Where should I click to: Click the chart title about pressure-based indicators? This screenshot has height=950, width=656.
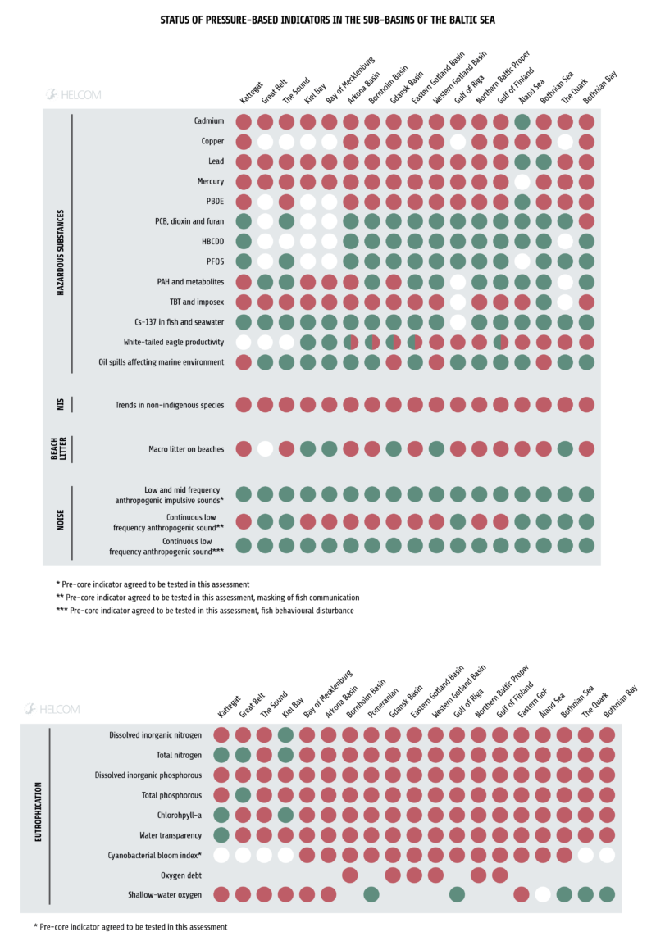click(327, 17)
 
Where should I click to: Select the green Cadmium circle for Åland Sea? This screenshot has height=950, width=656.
click(522, 122)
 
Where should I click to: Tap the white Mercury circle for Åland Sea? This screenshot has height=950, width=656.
click(522, 182)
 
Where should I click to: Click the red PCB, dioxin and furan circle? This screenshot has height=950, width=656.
click(586, 221)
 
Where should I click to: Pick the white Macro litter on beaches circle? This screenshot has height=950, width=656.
click(265, 448)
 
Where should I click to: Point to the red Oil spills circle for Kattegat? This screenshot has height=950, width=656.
click(244, 361)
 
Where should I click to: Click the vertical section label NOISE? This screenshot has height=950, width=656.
click(60, 521)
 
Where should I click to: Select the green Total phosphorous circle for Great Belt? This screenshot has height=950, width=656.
click(243, 795)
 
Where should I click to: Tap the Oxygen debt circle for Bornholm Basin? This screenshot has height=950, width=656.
click(350, 875)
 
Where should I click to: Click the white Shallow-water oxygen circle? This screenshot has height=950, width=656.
click(542, 894)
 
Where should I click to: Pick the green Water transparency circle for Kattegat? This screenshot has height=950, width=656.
click(221, 834)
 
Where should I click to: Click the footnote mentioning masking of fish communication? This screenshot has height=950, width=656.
click(207, 598)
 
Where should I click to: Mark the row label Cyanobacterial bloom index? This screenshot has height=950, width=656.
click(155, 855)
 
